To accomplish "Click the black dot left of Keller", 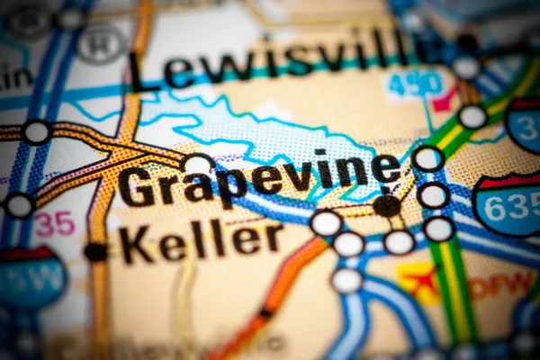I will pyautogui.click(x=95, y=252).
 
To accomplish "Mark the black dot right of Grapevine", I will pyautogui.click(x=387, y=206).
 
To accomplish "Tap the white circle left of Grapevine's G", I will pyautogui.click(x=198, y=165).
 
